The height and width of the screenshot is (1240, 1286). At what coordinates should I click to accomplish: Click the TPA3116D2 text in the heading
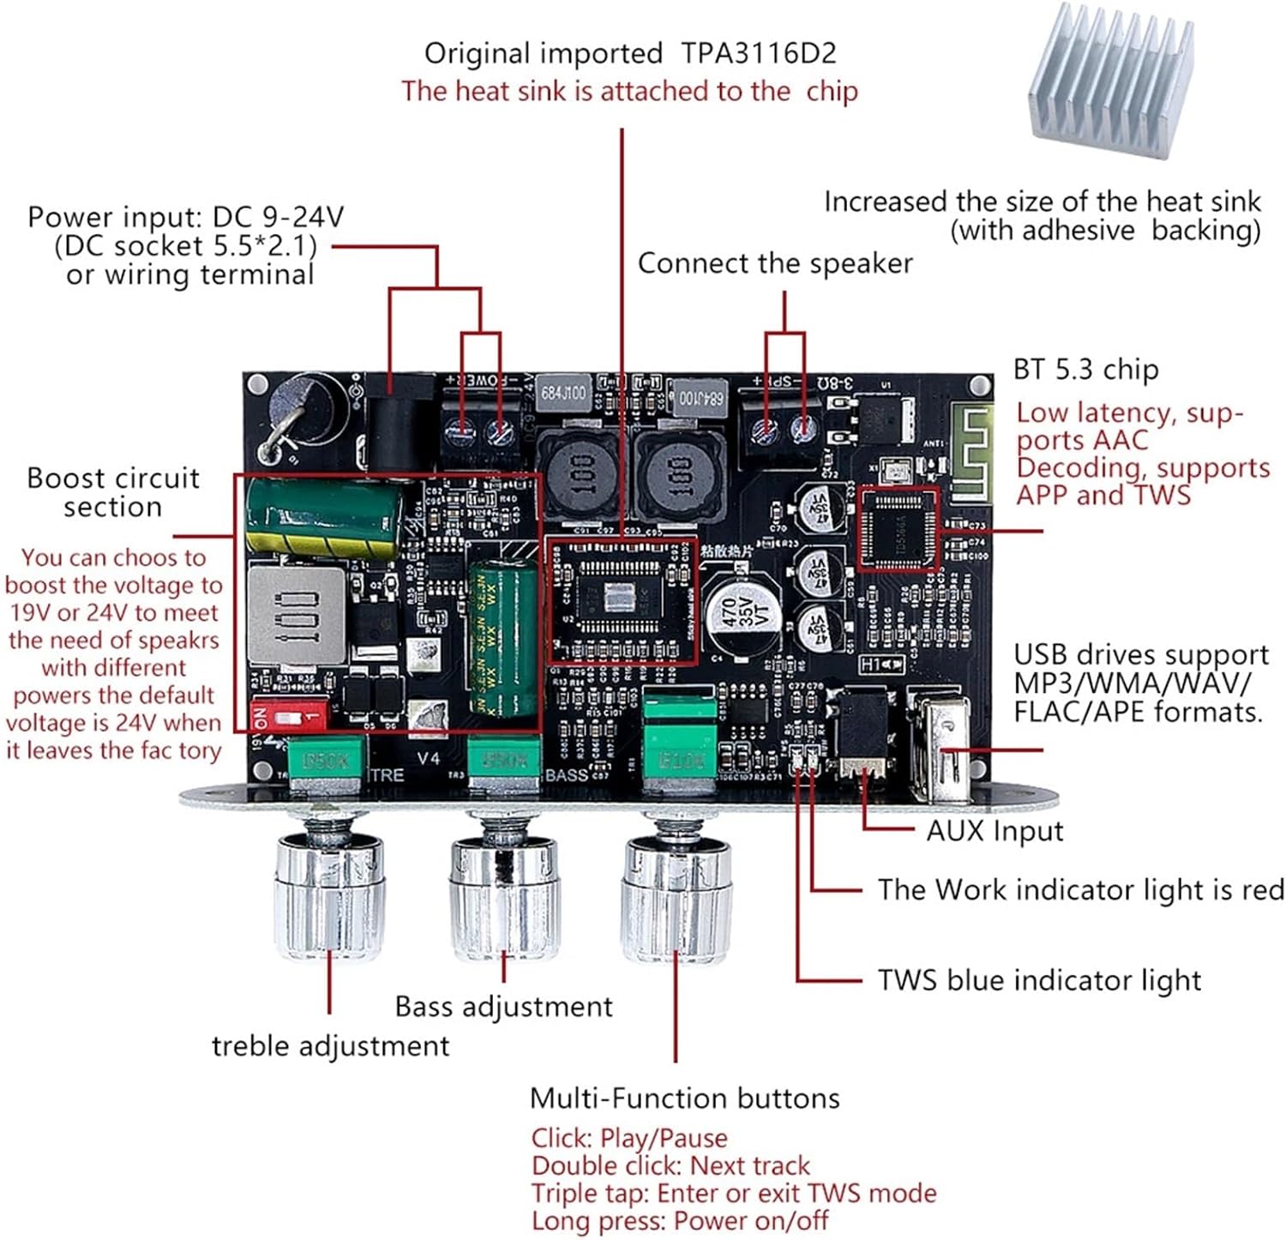[758, 53]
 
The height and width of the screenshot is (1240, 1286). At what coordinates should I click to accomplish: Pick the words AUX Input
[994, 830]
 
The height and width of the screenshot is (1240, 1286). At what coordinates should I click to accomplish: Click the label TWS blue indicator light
[1038, 980]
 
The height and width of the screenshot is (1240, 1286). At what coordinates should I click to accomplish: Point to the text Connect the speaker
[774, 263]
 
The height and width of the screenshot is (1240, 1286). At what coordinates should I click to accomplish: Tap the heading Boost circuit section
[113, 491]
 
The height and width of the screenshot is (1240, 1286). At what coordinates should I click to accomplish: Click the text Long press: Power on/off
[682, 1220]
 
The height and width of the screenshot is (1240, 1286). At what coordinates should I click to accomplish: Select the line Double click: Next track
[670, 1165]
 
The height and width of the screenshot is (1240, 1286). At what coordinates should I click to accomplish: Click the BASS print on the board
[566, 774]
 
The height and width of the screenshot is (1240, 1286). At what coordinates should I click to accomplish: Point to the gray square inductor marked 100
[296, 614]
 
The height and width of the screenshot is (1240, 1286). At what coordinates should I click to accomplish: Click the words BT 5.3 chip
[1085, 369]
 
